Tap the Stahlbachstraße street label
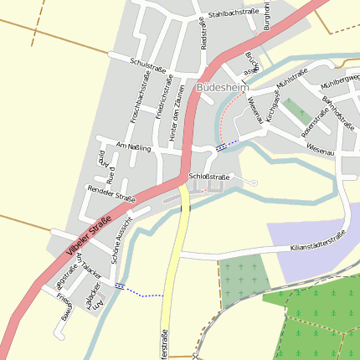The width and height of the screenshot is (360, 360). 232,13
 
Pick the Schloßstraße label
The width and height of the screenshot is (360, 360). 209,177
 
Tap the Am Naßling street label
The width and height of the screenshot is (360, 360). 134,147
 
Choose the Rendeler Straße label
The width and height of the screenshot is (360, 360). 111,193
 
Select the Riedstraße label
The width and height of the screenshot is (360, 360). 202,34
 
